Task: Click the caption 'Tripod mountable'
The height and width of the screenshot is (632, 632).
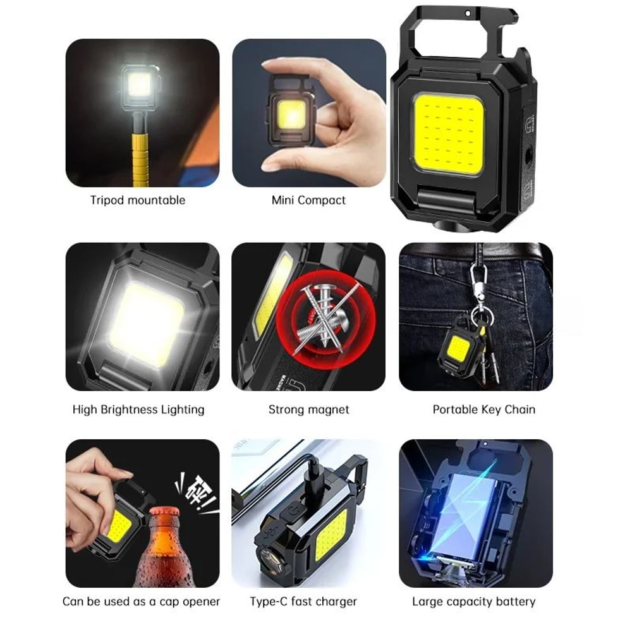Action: tap(138, 200)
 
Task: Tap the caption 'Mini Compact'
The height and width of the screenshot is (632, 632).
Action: tap(308, 200)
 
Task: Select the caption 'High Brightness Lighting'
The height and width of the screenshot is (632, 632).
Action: tap(138, 410)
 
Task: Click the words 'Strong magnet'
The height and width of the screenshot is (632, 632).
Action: tap(308, 410)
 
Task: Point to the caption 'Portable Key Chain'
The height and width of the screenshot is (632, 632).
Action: tap(483, 410)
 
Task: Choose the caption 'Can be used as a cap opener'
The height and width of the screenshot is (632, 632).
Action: tap(141, 601)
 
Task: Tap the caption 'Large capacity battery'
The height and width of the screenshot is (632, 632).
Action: tap(473, 601)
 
